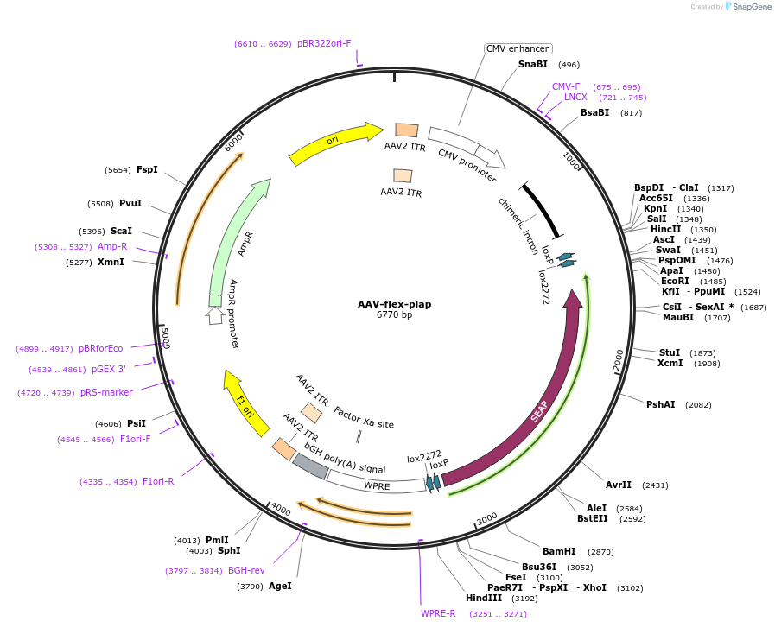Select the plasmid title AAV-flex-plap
(x=394, y=304)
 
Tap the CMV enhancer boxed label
(x=518, y=48)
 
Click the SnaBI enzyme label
(x=532, y=64)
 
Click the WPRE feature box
(x=377, y=485)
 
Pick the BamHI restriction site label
(x=559, y=551)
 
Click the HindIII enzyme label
(x=483, y=598)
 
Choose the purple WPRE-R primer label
(x=438, y=613)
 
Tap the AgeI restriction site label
(x=280, y=586)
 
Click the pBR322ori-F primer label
(x=324, y=43)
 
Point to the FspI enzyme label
(x=147, y=169)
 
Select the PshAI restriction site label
(x=661, y=404)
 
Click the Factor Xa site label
(x=363, y=417)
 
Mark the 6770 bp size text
(x=394, y=315)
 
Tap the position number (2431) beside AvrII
(x=656, y=485)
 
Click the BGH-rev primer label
(x=246, y=570)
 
